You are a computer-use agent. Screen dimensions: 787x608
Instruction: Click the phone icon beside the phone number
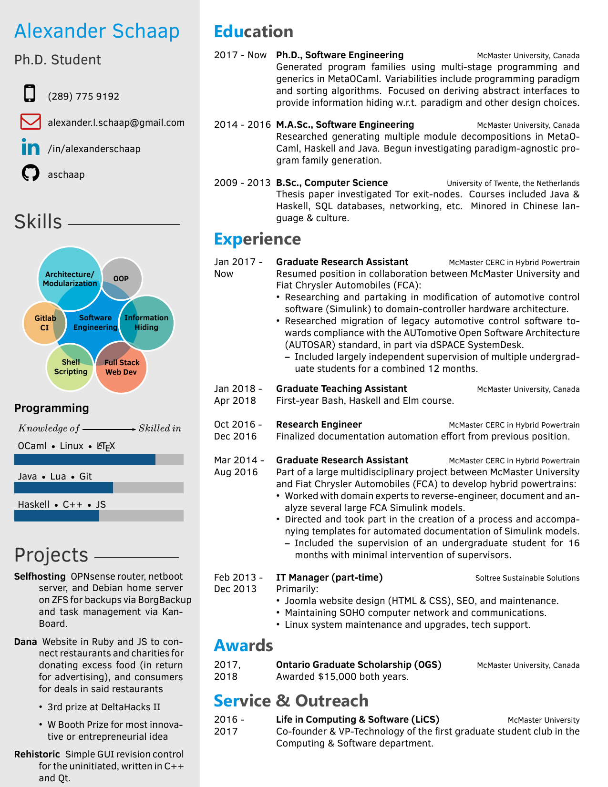[x=30, y=93]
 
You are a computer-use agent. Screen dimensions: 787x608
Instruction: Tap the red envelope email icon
[x=31, y=122]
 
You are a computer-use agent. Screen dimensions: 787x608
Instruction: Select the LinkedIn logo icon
[x=31, y=147]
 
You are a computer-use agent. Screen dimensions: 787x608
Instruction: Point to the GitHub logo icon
[x=31, y=173]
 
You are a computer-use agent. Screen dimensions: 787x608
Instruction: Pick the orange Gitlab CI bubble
[x=42, y=323]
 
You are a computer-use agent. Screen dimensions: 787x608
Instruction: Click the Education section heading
[x=253, y=31]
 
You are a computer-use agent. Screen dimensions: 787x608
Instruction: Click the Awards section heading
[x=243, y=645]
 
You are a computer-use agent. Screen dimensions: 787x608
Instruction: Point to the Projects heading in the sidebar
[x=51, y=555]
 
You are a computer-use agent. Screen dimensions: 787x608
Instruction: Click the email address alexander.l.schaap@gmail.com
[x=116, y=123]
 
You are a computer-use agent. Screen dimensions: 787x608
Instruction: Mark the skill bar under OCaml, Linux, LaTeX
[x=99, y=460]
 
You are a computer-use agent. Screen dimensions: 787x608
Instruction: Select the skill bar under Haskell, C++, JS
[x=99, y=516]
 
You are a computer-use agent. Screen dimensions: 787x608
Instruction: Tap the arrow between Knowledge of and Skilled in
[x=109, y=429]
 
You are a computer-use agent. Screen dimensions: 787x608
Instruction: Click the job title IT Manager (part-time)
[x=329, y=577]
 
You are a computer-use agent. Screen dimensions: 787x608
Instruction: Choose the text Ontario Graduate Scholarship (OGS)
[x=359, y=664]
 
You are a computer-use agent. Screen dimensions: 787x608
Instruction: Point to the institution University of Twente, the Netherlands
[x=513, y=183]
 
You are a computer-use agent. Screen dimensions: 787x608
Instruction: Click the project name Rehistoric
[x=37, y=754]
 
